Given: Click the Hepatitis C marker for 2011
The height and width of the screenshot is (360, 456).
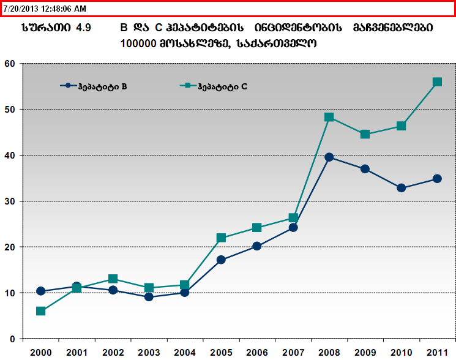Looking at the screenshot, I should click(437, 82).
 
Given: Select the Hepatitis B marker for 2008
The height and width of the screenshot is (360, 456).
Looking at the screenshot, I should click(329, 157).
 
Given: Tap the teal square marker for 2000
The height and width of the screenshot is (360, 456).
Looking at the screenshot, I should click(40, 311).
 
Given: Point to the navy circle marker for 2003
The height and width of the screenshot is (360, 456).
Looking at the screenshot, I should click(149, 297).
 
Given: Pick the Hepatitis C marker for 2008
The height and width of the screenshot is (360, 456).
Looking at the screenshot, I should click(329, 117).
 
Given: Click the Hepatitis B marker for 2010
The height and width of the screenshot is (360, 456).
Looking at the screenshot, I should click(401, 188).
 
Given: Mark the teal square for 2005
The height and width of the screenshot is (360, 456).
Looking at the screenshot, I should click(221, 238).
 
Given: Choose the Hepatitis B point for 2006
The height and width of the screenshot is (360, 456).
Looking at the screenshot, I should click(257, 246).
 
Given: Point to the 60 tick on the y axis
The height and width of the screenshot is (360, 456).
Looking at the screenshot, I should click(9, 63).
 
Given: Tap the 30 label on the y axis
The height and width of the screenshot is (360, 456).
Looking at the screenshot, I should click(9, 201).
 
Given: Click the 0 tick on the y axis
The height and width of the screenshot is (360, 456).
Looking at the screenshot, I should click(12, 339).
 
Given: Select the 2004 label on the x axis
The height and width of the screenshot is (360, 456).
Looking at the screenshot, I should click(185, 353).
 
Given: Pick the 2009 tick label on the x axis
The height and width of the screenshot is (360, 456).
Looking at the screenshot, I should click(365, 353).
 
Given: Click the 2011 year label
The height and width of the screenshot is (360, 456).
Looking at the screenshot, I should click(437, 353).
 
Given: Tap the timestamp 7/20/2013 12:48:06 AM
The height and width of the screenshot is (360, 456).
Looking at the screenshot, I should click(44, 9).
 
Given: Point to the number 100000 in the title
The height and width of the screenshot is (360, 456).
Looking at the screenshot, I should click(140, 44).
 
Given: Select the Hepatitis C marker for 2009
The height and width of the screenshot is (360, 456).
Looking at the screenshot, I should click(365, 134).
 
